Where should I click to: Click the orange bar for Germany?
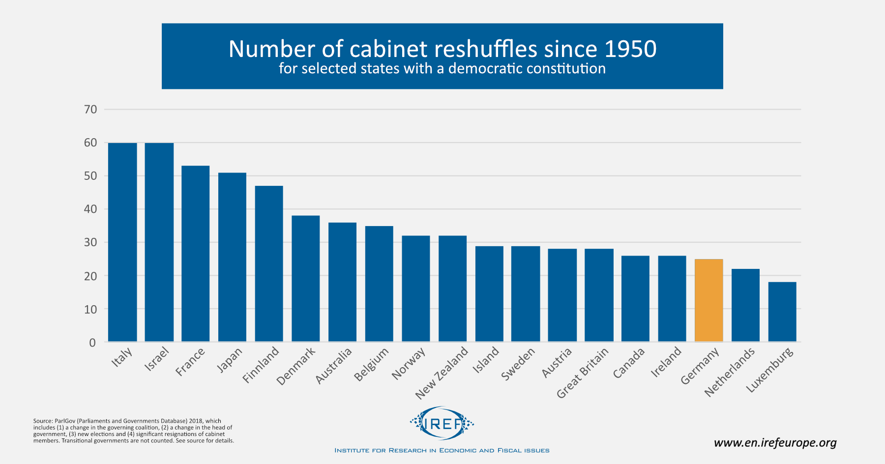point(708,300)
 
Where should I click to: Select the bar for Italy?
point(122,242)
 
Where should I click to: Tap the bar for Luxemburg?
point(782,312)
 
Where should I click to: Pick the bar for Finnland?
point(269,263)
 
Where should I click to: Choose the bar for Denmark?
point(305,278)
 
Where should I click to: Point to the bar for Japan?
point(232,257)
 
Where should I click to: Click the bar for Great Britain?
point(599,295)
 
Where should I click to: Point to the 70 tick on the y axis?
point(90,109)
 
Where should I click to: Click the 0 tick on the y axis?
point(92,343)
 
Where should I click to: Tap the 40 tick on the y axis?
point(90,209)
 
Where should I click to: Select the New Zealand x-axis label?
point(442,373)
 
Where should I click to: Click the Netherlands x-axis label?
point(730,372)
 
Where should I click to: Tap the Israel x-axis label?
point(157,359)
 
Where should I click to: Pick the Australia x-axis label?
point(334,366)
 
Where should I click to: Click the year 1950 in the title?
point(630,49)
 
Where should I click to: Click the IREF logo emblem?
point(442,423)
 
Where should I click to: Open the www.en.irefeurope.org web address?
point(775,443)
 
